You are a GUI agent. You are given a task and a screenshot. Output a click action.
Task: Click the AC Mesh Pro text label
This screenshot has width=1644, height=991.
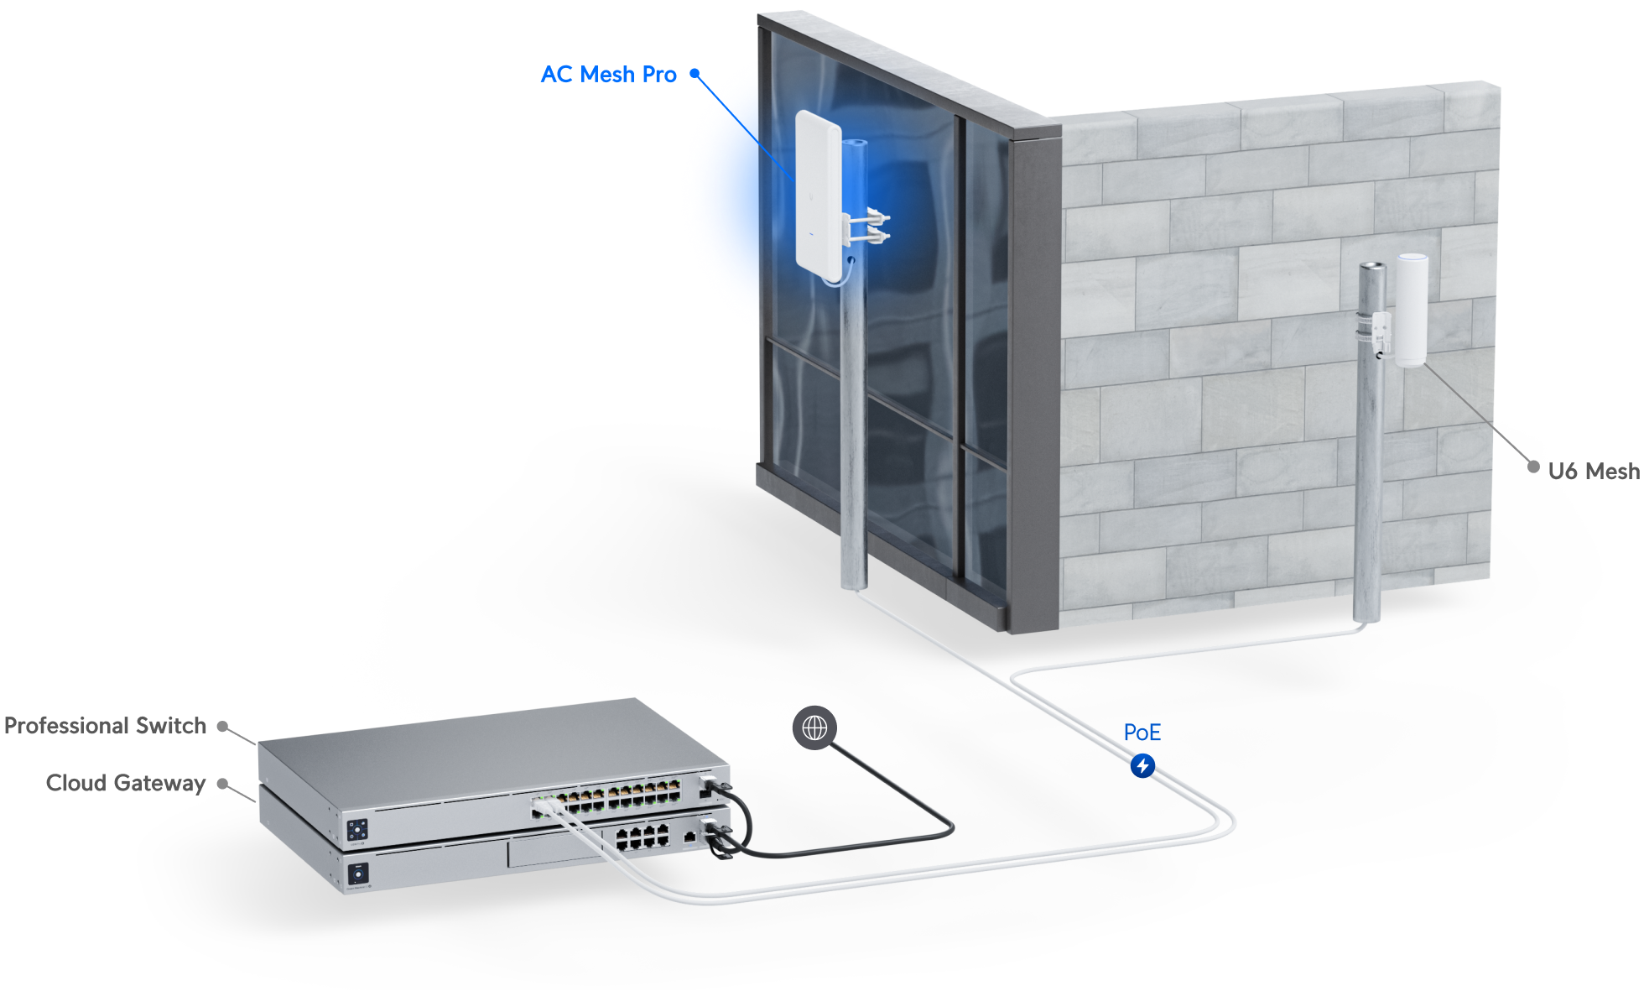pos(608,75)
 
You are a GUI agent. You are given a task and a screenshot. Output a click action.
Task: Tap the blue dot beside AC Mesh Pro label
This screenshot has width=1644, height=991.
pos(695,74)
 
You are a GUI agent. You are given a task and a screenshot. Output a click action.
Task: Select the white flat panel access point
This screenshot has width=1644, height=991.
pos(819,194)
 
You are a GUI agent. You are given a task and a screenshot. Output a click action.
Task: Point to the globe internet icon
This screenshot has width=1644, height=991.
pos(814,728)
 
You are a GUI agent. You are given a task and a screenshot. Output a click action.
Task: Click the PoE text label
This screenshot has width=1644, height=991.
pos(1142,733)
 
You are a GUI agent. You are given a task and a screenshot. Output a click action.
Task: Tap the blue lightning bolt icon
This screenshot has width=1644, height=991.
pos(1142,766)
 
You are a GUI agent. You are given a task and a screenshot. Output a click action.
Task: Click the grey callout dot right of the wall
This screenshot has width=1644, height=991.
pos(1533,467)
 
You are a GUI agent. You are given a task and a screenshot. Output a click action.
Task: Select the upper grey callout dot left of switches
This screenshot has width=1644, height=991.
pos(222,727)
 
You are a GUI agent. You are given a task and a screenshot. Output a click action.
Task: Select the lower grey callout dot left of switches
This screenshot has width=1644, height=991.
pos(222,784)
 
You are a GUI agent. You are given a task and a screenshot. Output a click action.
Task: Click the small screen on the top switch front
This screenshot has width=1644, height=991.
pos(357,830)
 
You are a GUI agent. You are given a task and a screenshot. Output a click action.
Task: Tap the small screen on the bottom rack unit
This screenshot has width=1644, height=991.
pos(358,874)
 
